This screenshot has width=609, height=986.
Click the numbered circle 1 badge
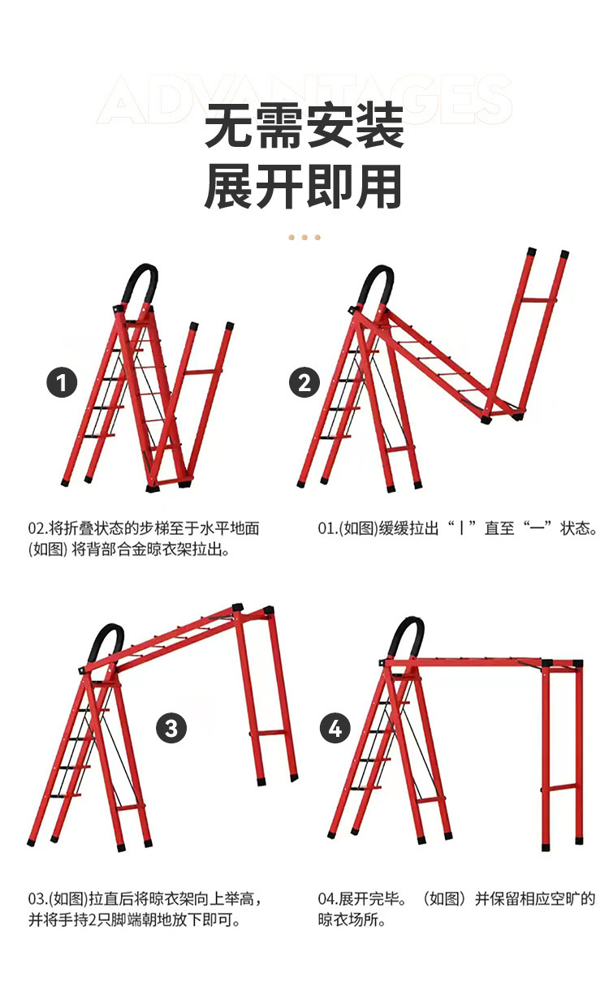point(62,382)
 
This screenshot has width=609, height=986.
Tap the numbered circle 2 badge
point(304,382)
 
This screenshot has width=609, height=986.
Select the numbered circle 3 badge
point(171,728)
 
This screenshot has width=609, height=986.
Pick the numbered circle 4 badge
point(335,728)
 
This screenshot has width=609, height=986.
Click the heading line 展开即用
point(304,186)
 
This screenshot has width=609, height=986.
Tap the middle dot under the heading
point(304,238)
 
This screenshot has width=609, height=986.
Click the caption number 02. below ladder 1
point(38,528)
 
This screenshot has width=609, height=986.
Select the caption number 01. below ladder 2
point(327,528)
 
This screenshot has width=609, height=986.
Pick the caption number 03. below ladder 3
point(38,899)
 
